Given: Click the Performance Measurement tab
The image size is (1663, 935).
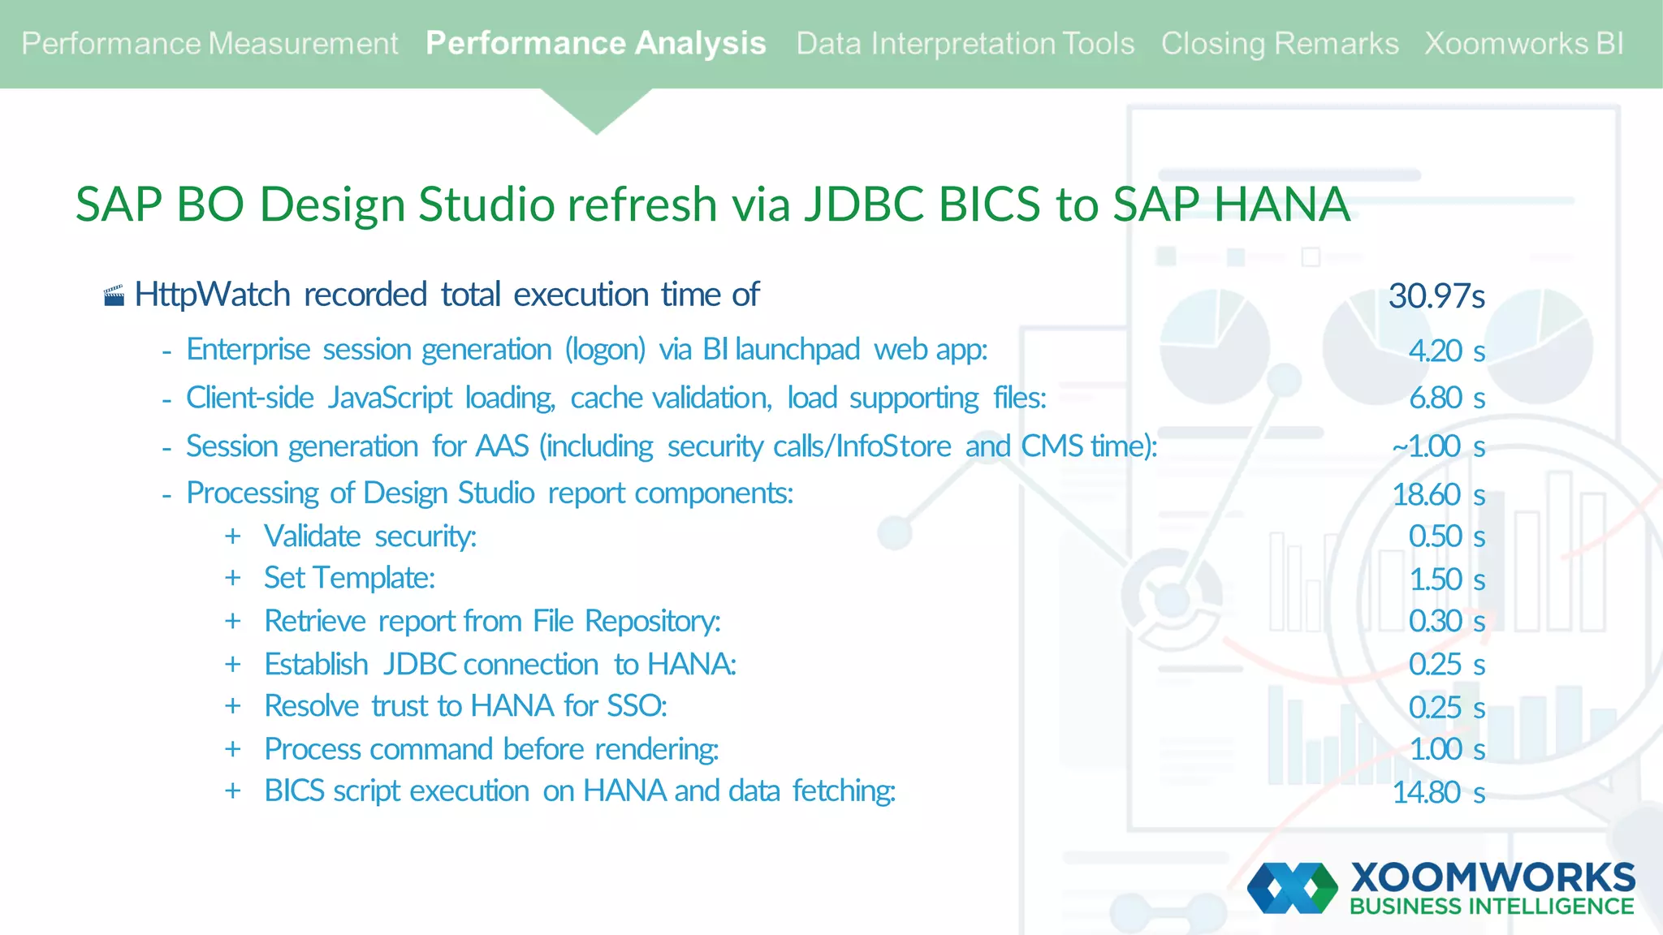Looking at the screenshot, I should coord(209,44).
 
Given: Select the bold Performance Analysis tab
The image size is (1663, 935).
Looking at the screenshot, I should coord(595,44).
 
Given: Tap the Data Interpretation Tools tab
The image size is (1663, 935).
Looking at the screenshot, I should coord(965,44).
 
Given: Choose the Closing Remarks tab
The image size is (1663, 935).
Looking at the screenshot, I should coord(1279,44).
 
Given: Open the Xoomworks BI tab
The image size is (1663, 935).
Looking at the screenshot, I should coord(1524,44).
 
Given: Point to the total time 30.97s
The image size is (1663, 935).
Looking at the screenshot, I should coord(1436,296).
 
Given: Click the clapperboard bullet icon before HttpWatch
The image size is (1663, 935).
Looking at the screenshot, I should coord(114,296).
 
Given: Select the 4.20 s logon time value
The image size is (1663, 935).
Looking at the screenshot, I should coord(1446,351).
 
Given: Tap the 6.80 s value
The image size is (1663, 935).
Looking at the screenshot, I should coord(1446,399).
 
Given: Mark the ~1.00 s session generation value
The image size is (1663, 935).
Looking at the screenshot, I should coord(1438,446).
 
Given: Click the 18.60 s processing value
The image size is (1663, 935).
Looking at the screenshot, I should coord(1438,494).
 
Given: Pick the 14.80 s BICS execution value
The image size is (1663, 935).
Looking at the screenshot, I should coord(1438,792).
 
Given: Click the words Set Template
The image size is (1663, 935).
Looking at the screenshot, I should coord(349,579).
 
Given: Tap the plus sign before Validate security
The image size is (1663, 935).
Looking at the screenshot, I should coord(233,536).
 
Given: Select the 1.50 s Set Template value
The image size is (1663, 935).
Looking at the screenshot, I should coord(1446,580).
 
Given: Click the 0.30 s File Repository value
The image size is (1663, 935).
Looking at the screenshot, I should coord(1446,622).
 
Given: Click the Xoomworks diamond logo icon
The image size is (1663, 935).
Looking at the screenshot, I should coord(1292,888).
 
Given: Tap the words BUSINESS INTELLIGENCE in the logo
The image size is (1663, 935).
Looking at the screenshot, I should coord(1492,907).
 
